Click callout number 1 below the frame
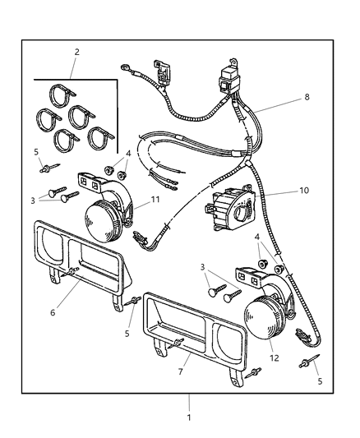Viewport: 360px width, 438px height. point(189,417)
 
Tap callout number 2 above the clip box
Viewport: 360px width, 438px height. point(76,52)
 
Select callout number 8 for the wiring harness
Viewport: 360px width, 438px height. point(307,97)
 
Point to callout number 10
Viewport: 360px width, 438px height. point(304,191)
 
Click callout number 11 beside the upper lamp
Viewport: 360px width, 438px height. point(155,200)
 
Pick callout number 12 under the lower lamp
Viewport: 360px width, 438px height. point(275,357)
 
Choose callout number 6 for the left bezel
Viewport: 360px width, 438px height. point(53,312)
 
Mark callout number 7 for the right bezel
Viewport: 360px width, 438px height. point(181,371)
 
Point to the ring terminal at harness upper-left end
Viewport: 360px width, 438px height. point(125,67)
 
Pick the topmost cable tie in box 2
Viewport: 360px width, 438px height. point(62,95)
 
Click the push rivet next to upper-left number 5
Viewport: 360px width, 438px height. point(50,168)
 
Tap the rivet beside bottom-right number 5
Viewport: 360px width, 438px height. point(309,362)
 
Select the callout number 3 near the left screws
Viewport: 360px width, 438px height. point(33,201)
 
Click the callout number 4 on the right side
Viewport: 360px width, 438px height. point(257,237)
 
